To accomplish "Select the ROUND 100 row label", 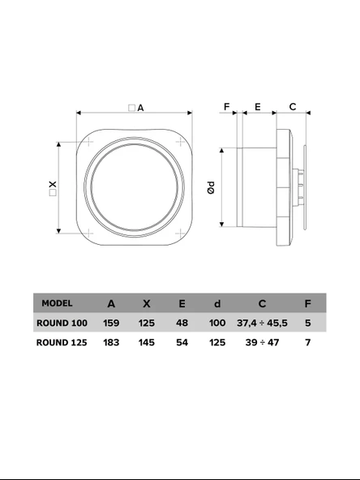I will point(62,323).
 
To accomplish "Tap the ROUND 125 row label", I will point(62,342).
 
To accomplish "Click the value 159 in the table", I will point(111,323).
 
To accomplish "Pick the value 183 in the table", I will point(111,342).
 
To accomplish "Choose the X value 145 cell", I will point(146,342).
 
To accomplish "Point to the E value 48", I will point(182,323).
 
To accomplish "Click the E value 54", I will point(182,342).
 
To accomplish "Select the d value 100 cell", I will point(216,323).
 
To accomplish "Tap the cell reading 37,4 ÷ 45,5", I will point(262,323).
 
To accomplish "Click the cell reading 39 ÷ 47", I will point(262,342).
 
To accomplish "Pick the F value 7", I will point(307,342).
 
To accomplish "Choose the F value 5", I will point(307,323).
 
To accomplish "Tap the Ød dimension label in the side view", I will point(209,188).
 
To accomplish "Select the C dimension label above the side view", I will point(293,106).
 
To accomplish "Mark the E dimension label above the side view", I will point(257,106).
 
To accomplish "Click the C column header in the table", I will point(262,303).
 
